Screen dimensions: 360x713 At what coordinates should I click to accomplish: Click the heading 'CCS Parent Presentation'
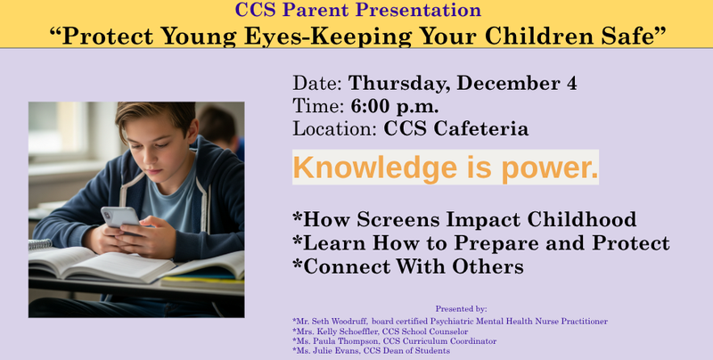coord(356,11)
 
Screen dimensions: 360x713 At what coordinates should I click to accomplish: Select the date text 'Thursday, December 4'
coord(463,84)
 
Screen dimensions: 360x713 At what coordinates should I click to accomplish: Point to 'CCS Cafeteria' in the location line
coord(456,128)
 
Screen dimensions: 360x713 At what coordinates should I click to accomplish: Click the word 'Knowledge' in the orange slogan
coord(365,168)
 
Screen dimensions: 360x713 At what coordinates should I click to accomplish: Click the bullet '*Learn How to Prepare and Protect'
coord(480,242)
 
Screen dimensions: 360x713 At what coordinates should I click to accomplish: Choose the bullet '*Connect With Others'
coord(407,266)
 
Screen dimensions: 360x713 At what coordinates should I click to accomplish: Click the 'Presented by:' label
coord(461,308)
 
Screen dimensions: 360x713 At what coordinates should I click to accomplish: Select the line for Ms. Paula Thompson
coord(394,341)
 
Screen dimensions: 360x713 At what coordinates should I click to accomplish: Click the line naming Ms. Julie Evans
coord(371,351)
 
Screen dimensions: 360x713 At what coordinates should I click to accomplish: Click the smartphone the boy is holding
coord(119,217)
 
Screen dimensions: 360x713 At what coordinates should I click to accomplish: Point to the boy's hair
coord(152,120)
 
